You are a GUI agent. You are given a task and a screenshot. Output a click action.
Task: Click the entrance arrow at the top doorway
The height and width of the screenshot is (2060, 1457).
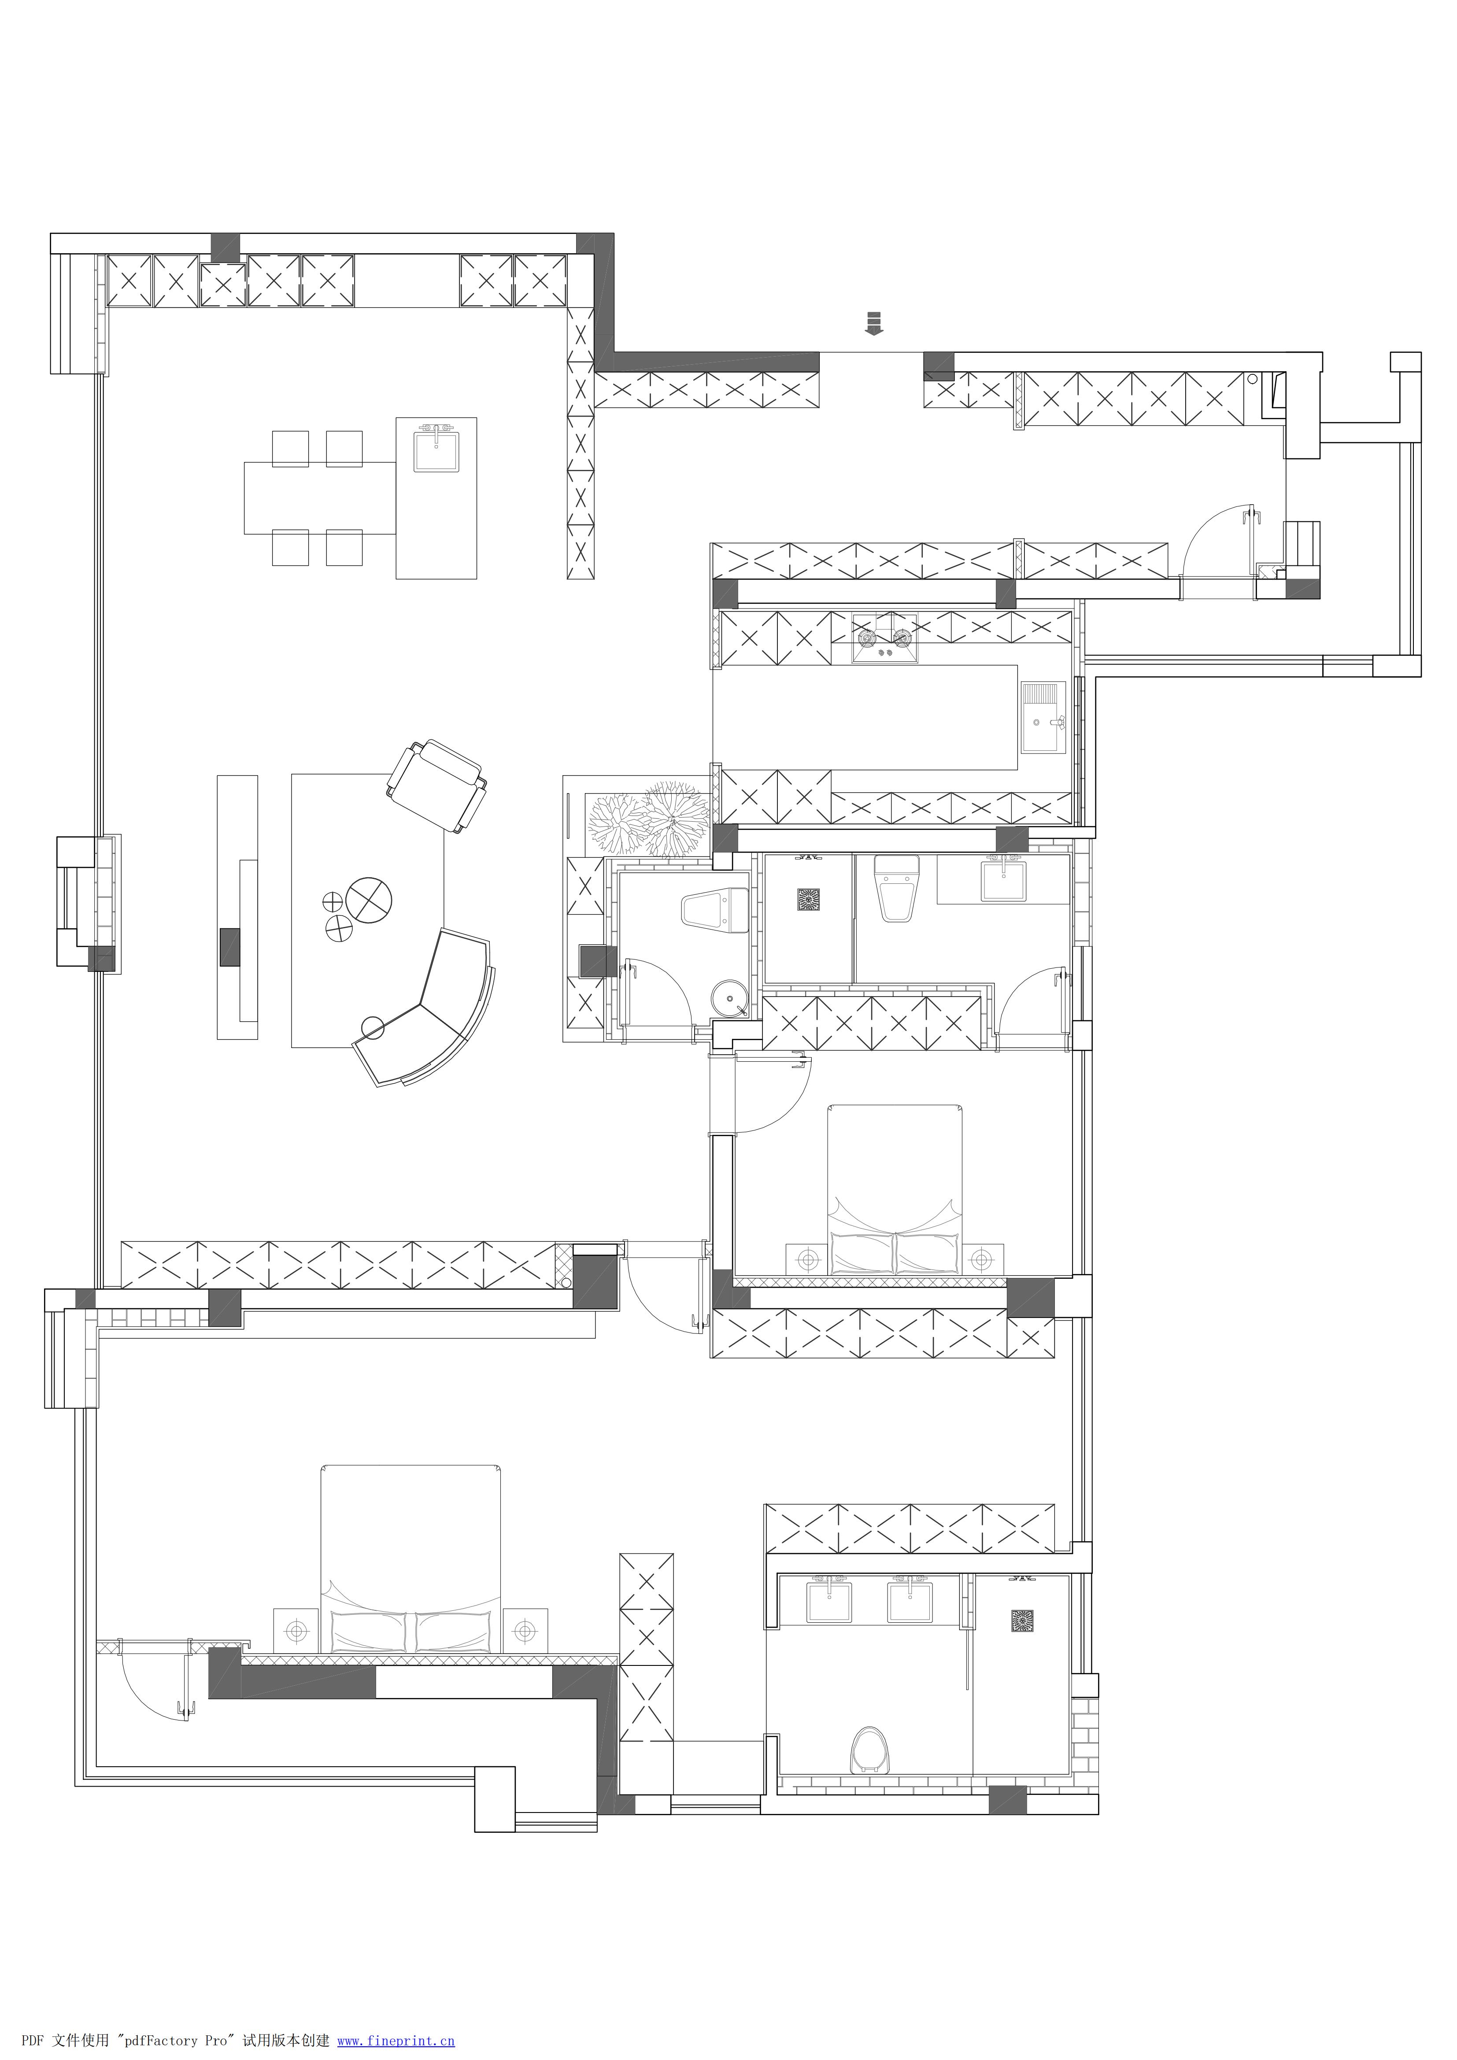(874, 323)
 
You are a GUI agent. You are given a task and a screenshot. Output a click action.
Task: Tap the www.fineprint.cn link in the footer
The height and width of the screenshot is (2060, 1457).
(396, 2040)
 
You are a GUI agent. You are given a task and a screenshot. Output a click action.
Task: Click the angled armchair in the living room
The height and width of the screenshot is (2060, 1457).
(437, 786)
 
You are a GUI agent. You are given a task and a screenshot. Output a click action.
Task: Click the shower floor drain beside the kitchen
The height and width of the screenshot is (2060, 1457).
(808, 899)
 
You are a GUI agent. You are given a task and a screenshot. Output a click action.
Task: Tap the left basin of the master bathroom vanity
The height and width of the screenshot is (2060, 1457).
(830, 1603)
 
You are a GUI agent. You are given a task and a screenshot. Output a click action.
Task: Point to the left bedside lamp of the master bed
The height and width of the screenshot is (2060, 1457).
(296, 1628)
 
